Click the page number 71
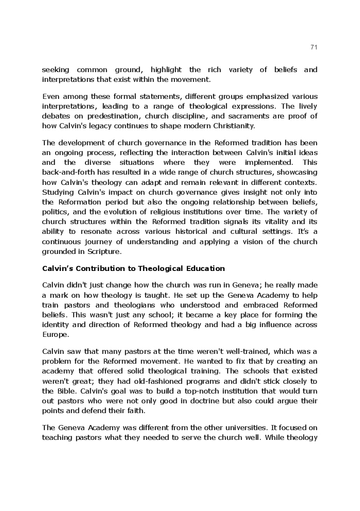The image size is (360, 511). [314, 47]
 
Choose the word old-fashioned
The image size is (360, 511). [163, 381]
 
